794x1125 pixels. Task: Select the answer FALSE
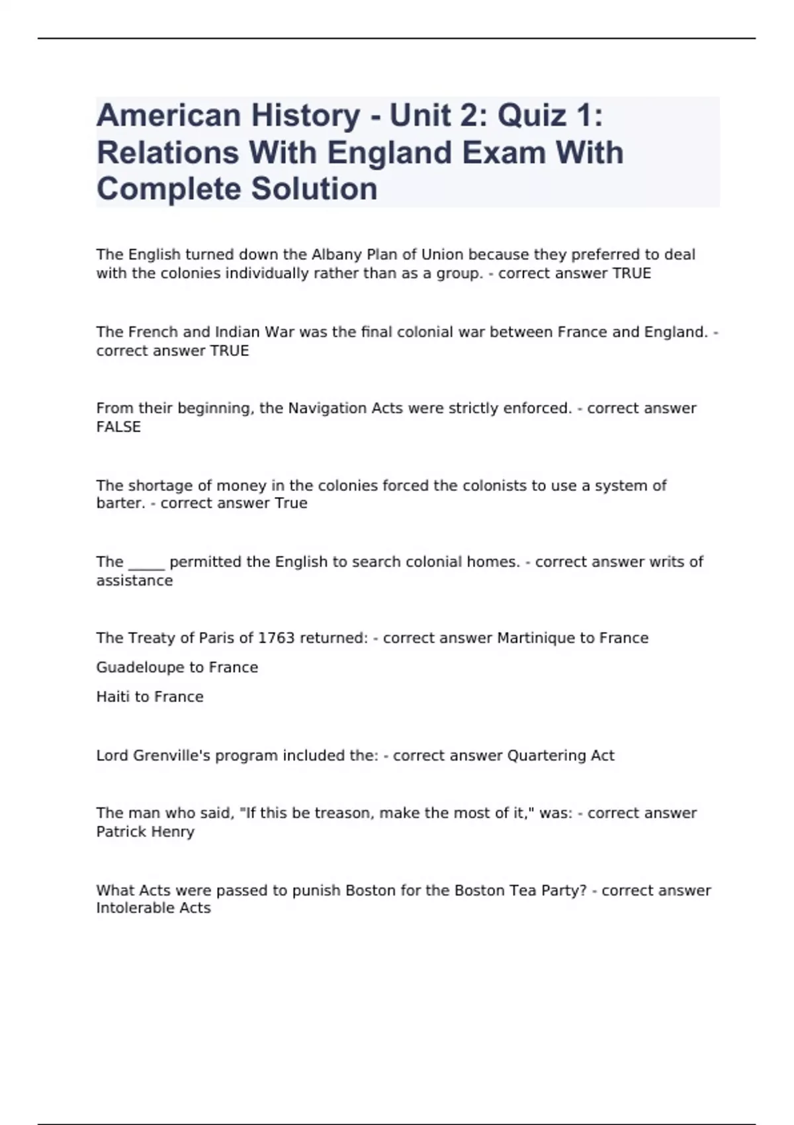tap(118, 427)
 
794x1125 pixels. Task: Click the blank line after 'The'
tap(146, 562)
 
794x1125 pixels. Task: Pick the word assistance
tap(134, 581)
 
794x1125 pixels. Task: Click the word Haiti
tap(112, 697)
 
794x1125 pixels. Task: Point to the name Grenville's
tap(169, 756)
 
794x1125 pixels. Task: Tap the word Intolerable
tap(135, 909)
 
